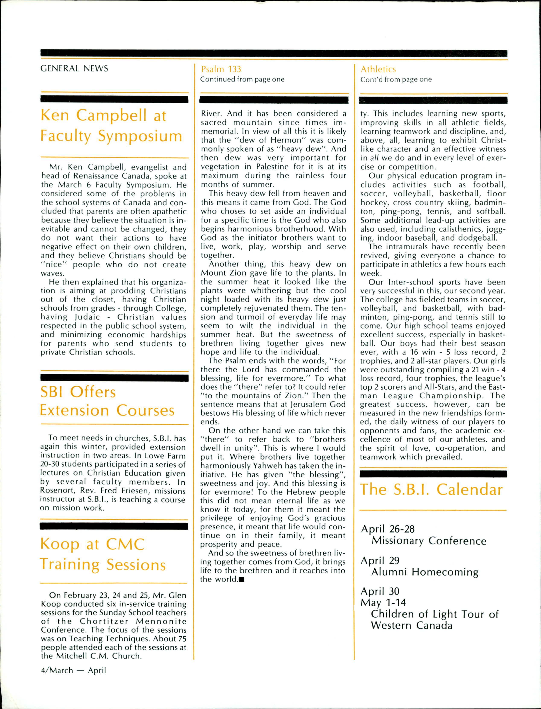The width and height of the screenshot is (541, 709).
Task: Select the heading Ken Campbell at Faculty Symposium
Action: (x=111, y=126)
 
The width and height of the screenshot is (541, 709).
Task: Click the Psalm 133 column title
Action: (x=221, y=69)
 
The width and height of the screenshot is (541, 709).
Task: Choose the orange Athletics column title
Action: (x=378, y=69)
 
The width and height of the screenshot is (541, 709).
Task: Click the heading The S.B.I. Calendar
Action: (x=431, y=490)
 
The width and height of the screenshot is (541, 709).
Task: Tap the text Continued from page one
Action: (x=242, y=79)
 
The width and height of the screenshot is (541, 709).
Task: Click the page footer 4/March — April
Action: (x=73, y=671)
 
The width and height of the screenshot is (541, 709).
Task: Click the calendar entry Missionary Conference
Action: (x=429, y=541)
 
